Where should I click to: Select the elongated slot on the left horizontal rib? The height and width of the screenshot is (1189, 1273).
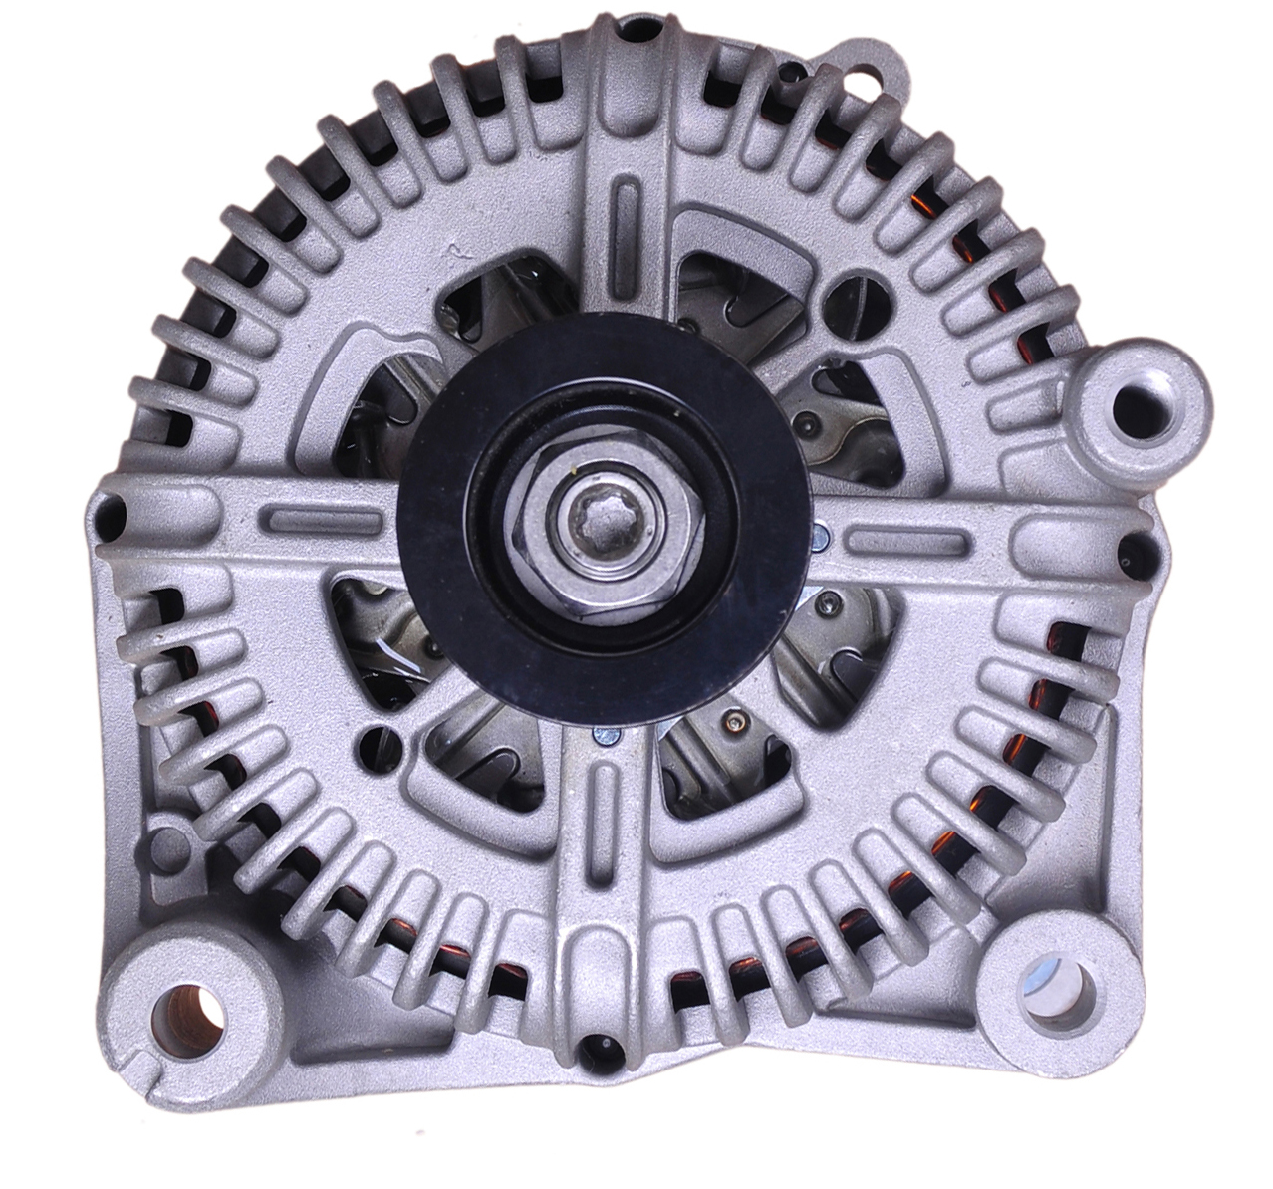(x=321, y=519)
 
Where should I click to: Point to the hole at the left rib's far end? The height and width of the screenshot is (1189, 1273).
(x=114, y=515)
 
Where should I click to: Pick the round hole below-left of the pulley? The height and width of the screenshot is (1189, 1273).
(x=378, y=741)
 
